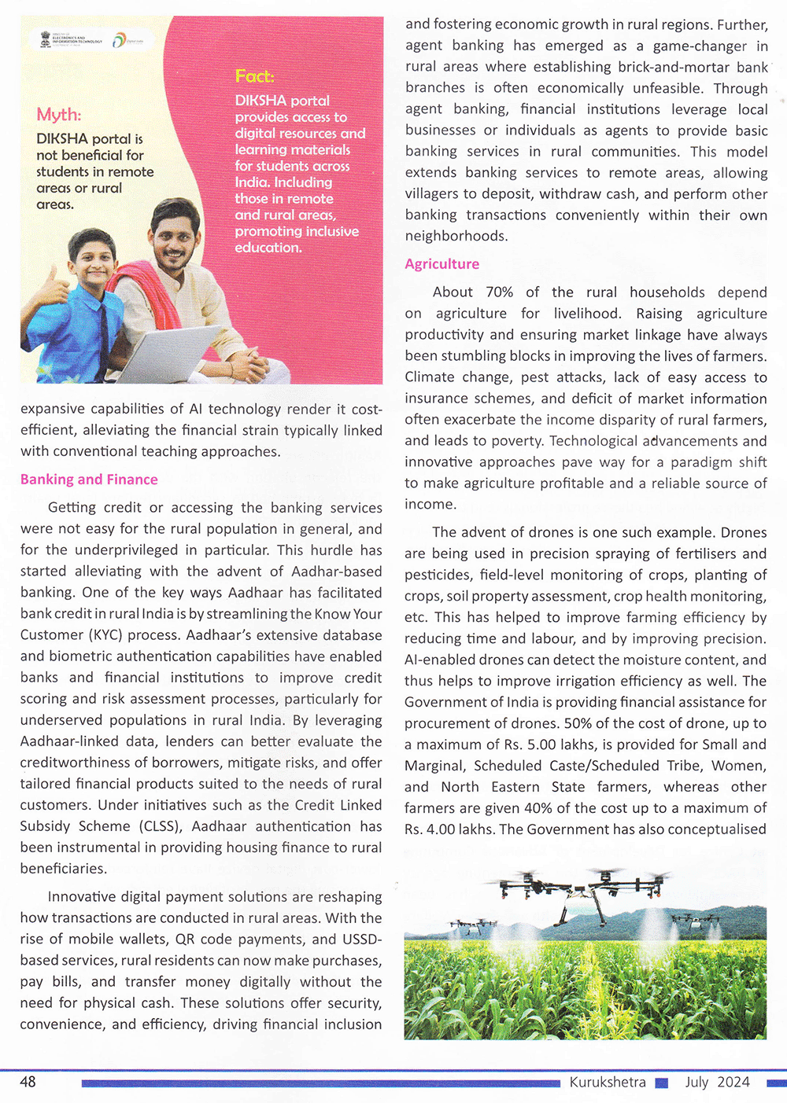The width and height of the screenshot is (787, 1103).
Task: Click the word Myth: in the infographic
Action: (58, 115)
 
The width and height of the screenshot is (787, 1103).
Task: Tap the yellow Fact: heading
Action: (254, 76)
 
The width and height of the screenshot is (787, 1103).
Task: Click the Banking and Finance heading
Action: (89, 480)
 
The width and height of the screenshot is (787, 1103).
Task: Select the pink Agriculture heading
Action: (442, 264)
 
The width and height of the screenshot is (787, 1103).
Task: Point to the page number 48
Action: (28, 1082)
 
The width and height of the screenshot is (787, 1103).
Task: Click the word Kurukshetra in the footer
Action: (608, 1082)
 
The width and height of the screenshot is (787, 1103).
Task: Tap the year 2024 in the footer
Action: (733, 1082)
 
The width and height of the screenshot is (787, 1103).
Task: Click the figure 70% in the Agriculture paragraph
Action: (499, 292)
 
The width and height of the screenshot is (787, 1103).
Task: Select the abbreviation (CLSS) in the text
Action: (161, 826)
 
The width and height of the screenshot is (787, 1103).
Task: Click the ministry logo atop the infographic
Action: (72, 40)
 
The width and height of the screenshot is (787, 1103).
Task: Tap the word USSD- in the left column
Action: (362, 939)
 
